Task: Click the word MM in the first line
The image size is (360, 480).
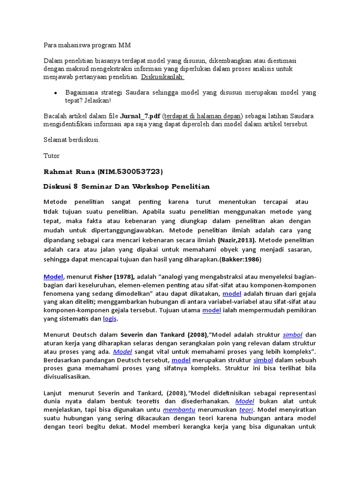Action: tap(126, 45)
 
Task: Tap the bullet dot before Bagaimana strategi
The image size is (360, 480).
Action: tap(56, 93)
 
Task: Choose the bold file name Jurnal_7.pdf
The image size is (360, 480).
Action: tap(140, 116)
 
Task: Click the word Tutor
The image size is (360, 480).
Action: tap(52, 155)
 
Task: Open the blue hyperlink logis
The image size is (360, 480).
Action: tap(110, 319)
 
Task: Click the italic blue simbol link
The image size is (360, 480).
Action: tap(292, 335)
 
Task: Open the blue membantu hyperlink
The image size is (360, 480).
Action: tap(179, 410)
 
